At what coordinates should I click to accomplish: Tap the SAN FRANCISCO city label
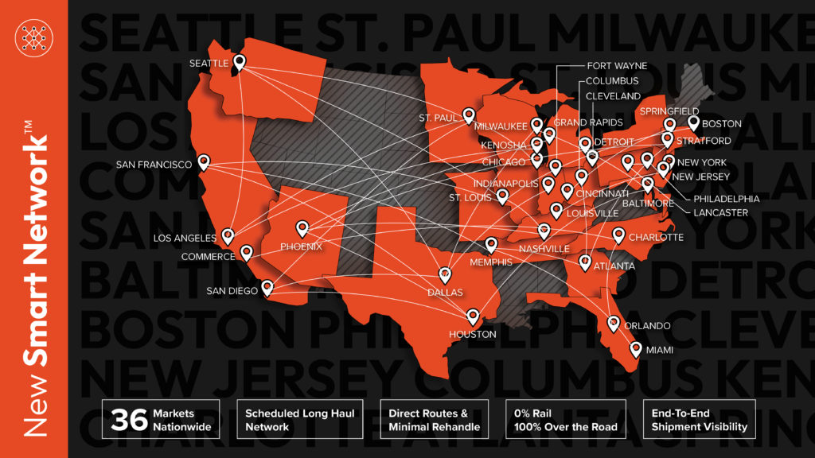pos(154,165)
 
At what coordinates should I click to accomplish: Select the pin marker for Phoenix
pos(302,228)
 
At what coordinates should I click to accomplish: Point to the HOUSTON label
pos(473,335)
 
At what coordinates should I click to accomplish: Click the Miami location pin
pos(636,348)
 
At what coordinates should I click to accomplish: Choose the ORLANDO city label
pos(648,326)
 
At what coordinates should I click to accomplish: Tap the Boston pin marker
pos(694,122)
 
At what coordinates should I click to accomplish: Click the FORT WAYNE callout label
pos(617,66)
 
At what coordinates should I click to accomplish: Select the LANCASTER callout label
pos(720,213)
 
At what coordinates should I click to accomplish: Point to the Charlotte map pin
pos(619,235)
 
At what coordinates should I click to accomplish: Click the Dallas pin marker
pos(445,275)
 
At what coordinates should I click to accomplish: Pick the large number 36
pos(127,420)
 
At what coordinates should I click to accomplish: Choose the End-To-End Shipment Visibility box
pos(698,420)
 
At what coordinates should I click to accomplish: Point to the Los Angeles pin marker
pos(228,236)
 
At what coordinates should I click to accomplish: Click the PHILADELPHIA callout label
pos(726,199)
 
